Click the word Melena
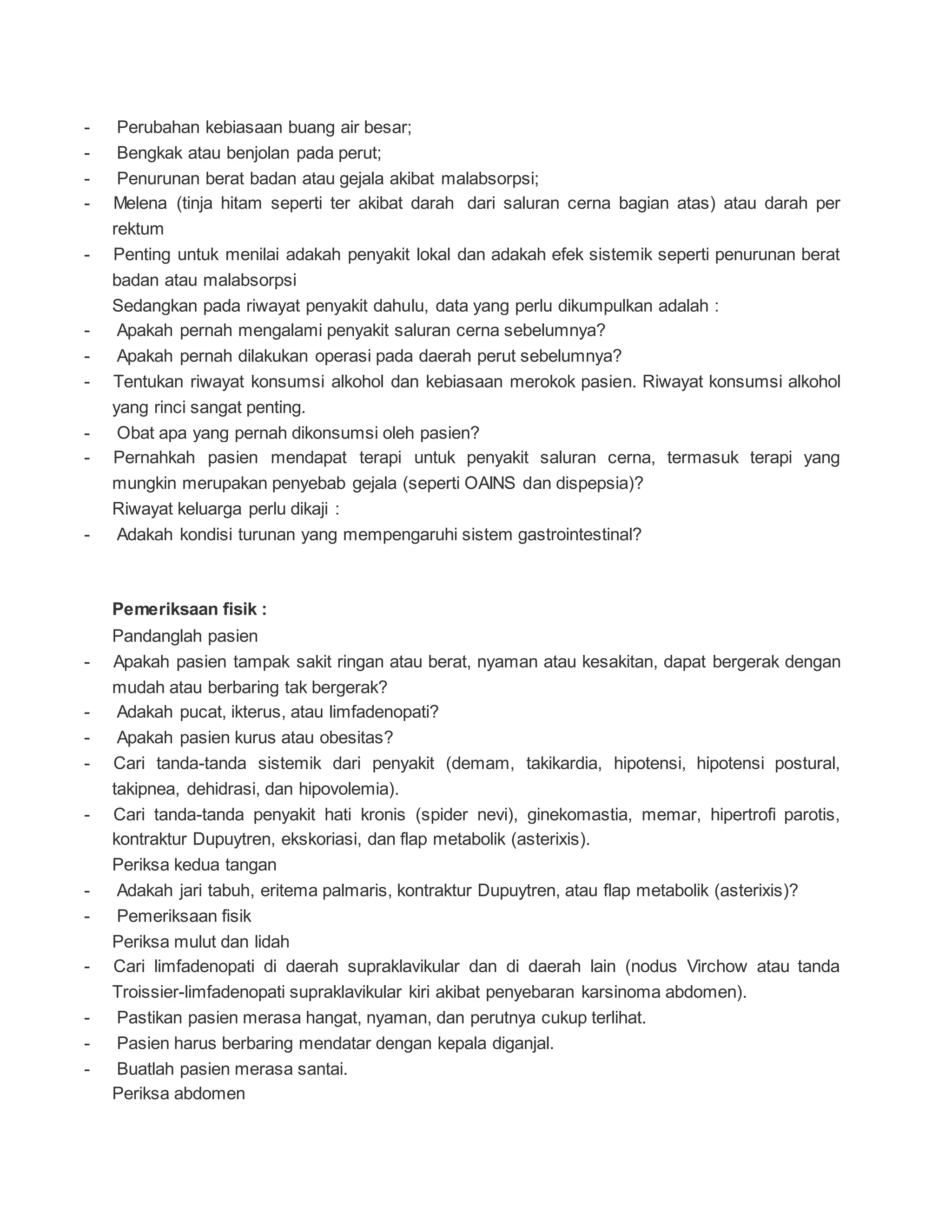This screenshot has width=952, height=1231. pyautogui.click(x=140, y=203)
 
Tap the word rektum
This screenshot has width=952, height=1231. pyautogui.click(x=138, y=229)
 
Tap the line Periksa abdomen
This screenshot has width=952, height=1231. pyautogui.click(x=178, y=1094)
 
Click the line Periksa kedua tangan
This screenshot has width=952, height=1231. pyautogui.click(x=194, y=864)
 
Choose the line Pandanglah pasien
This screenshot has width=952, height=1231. pyautogui.click(x=185, y=636)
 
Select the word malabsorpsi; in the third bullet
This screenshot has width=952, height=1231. pyautogui.click(x=489, y=179)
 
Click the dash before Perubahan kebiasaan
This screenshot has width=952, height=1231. pyautogui.click(x=87, y=128)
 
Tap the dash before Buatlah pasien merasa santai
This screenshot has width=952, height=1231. pyautogui.click(x=87, y=1069)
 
